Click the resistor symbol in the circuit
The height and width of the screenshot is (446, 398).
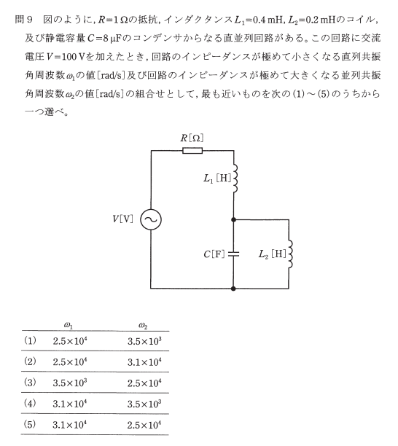point(192,150)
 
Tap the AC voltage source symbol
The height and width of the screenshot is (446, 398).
point(151,219)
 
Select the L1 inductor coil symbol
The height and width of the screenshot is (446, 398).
point(235,178)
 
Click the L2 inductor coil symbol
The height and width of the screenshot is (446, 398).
point(290,254)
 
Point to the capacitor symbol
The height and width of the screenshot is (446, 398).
point(233,254)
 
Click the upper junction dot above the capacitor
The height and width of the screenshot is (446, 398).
point(233,219)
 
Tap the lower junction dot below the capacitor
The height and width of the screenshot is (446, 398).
point(233,289)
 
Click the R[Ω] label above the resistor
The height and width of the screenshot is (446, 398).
point(192,138)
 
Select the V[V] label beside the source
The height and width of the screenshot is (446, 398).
point(122,219)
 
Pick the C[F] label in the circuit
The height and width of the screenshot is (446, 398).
point(214,254)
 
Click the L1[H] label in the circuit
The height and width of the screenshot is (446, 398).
point(217,179)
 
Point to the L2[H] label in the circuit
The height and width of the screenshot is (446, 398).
point(272,254)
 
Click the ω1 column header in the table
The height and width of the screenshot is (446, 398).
point(69,325)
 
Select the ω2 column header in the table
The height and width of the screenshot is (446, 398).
point(143,325)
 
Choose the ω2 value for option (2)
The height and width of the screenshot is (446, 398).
point(144,361)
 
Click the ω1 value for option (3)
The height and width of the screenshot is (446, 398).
point(70,383)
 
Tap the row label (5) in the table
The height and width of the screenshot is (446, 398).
point(30,424)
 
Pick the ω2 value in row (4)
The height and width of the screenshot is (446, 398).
point(144,404)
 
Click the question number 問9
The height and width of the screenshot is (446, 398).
point(24,20)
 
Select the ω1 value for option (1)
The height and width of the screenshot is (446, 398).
point(70,341)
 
